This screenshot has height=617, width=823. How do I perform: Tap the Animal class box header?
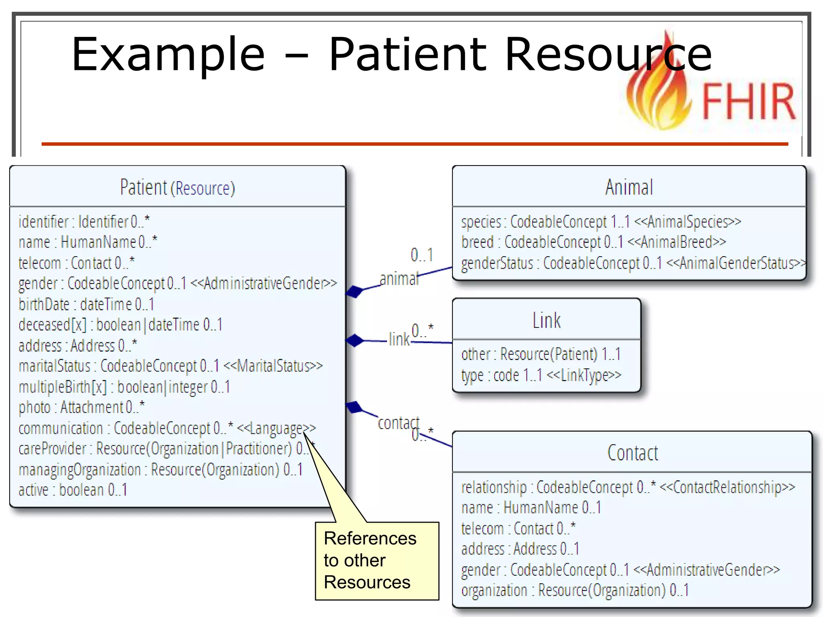629,187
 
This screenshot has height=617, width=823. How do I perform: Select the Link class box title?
546,320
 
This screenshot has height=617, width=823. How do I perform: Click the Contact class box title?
632,453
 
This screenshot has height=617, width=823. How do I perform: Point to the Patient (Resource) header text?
177,188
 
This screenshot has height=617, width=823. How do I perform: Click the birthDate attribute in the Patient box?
86,304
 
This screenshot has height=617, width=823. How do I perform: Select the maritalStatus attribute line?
170,366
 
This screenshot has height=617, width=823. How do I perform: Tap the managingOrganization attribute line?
160,470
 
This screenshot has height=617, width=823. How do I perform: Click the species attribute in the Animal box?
601,222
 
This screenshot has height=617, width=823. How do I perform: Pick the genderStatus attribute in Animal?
633,264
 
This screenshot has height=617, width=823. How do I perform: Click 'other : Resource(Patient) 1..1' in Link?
540,354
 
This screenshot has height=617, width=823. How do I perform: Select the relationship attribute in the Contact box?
628,487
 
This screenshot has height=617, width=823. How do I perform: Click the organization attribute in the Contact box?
575,590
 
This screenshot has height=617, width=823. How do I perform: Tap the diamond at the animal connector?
354,291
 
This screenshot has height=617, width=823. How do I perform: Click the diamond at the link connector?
354,340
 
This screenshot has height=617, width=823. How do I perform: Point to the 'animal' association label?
399,278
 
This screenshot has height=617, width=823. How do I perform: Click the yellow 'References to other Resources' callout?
377,560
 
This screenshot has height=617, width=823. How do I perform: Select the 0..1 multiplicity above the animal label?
422,255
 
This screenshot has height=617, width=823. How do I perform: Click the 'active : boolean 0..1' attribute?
73,490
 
